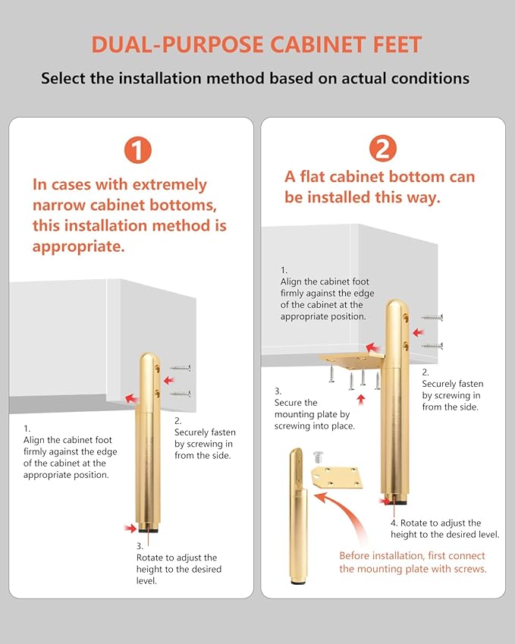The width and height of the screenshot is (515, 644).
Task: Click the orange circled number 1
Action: coord(138,150)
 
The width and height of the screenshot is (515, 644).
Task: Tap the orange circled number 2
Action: coord(383,148)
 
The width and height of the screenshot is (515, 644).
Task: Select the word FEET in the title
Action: coord(397,44)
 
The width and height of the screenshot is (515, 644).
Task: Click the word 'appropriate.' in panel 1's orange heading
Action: coord(78,247)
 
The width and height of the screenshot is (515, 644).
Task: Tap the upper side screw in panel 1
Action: coord(181,368)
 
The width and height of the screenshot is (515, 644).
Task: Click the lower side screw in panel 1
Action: coord(181,394)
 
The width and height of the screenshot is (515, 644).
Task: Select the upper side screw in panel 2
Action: coord(432,318)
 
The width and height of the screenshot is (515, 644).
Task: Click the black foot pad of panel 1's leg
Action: coord(148,529)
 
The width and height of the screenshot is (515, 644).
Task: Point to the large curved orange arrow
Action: coord(343,514)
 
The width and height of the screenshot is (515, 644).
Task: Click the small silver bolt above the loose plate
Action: coord(319,457)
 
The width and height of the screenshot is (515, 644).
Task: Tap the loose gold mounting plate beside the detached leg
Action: coord(338,477)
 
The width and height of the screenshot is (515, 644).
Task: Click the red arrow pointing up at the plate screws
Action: coord(361,400)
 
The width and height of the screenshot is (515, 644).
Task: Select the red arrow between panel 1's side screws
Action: coord(169,381)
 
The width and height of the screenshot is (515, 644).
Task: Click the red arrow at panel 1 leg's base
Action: coord(130,528)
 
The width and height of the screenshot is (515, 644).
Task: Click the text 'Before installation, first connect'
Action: coord(412,556)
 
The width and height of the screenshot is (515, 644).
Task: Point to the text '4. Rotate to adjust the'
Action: coord(435,523)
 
